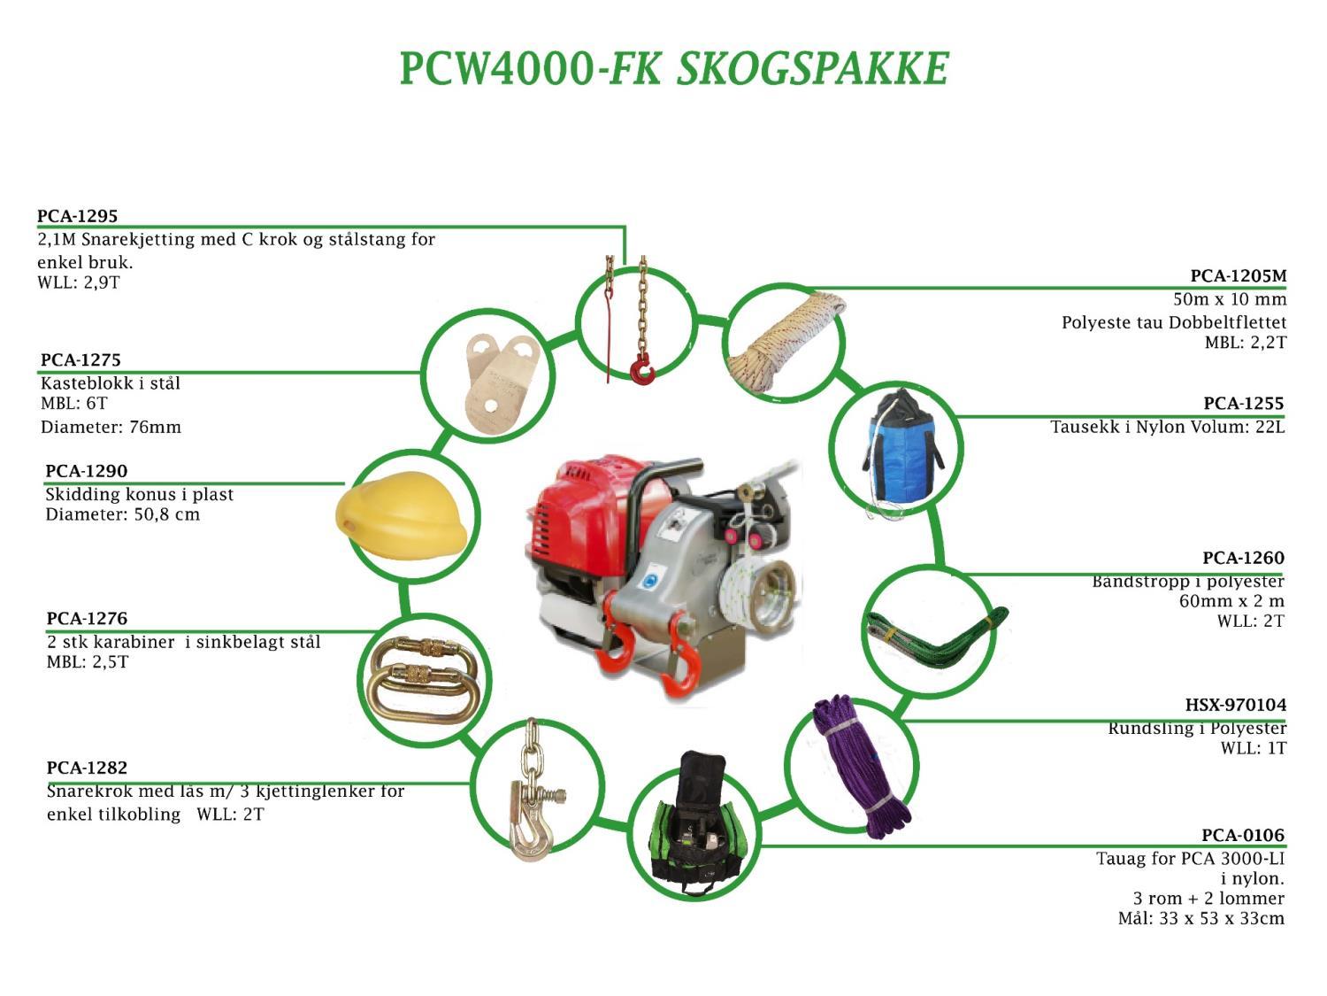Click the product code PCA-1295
(x=77, y=216)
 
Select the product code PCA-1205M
(x=1238, y=276)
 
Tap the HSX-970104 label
(x=1235, y=705)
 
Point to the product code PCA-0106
(x=1242, y=835)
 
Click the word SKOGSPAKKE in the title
(x=812, y=69)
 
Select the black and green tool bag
(x=694, y=828)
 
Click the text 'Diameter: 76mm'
(x=111, y=427)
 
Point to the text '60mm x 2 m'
(x=1231, y=601)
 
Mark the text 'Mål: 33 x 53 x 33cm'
(x=1200, y=918)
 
